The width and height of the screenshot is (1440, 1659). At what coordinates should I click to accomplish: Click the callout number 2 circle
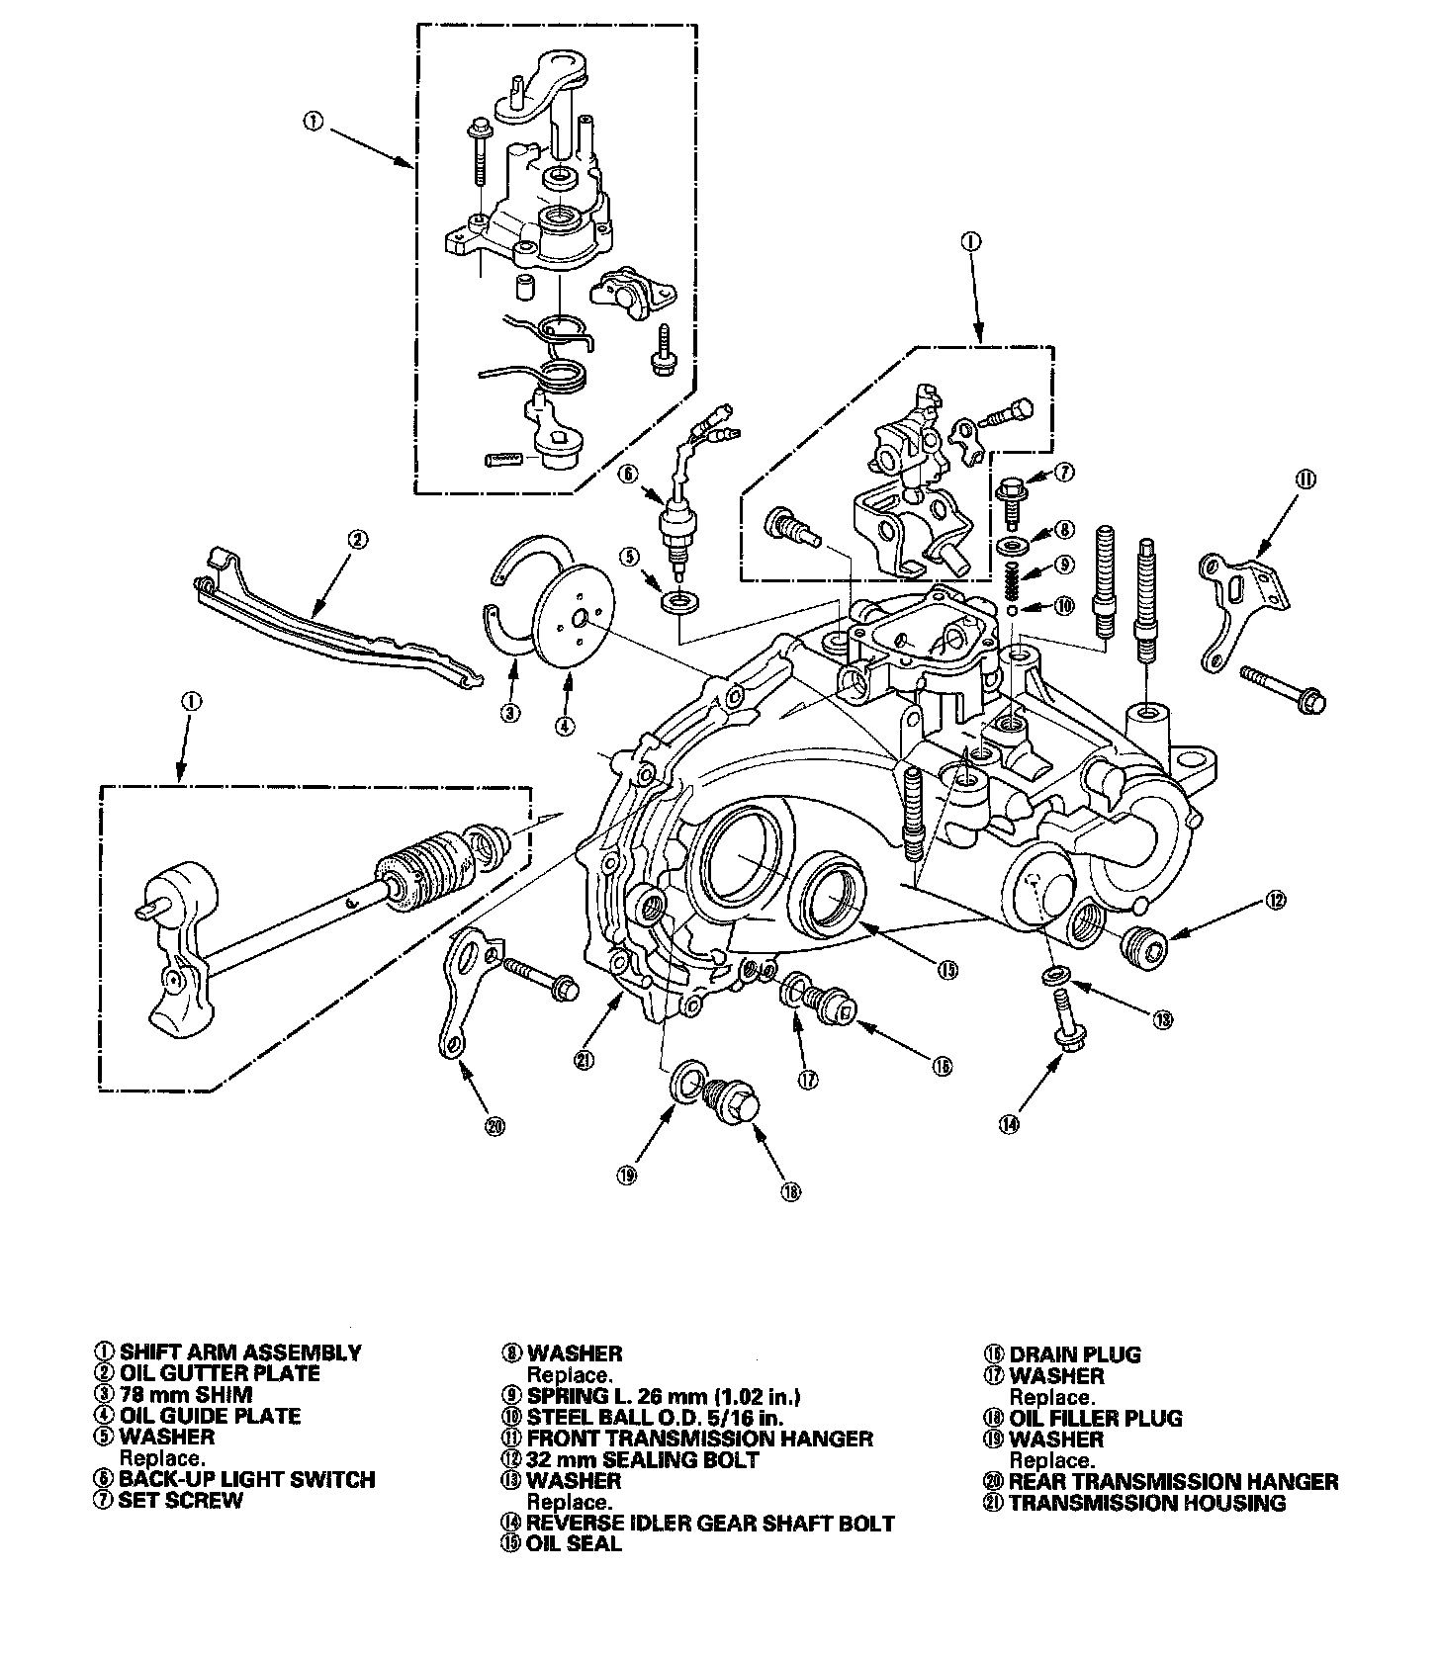357,540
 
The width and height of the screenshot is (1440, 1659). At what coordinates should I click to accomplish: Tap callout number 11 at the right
1305,480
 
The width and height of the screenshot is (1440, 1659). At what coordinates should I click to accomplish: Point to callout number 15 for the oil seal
948,970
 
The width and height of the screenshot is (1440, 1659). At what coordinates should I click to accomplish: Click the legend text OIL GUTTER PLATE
220,1373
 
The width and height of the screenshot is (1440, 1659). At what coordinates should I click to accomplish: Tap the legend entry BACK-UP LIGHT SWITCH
246,1480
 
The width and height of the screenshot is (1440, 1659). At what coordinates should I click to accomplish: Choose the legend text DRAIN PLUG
1075,1354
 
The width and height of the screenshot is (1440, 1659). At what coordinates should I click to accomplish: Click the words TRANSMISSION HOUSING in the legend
1147,1504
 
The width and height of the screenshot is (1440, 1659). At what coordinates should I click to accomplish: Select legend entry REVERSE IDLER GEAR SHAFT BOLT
710,1524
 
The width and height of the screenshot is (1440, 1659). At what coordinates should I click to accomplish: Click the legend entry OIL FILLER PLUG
1095,1419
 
